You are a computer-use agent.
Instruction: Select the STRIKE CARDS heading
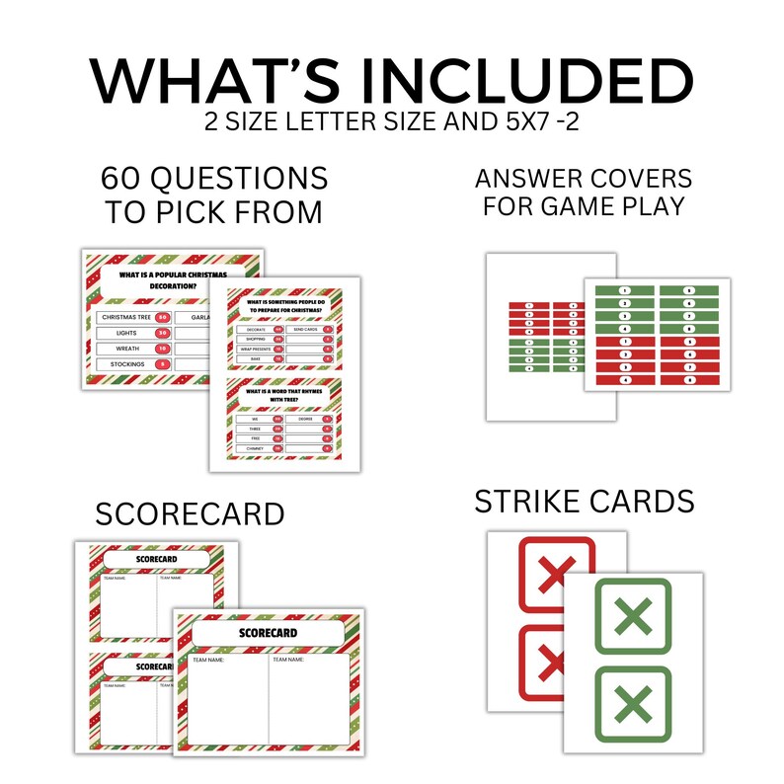point(585,502)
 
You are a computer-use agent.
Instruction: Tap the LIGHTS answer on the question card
point(116,333)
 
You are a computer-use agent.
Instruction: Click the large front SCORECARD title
point(269,632)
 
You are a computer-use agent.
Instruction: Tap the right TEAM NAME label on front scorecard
point(292,659)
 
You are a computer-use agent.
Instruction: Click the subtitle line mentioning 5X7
point(391,125)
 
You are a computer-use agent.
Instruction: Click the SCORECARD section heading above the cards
point(190,514)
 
